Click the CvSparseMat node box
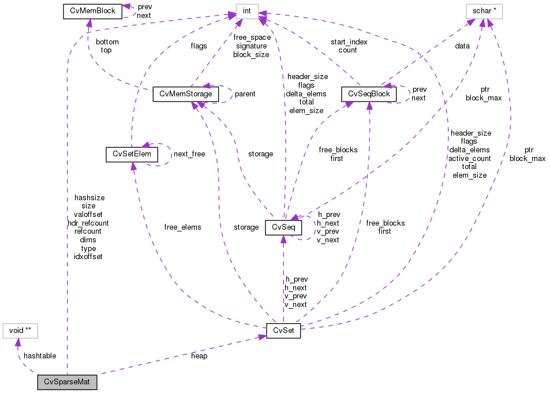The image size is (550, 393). (67, 382)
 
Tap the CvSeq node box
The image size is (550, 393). (283, 227)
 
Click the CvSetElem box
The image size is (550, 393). (132, 154)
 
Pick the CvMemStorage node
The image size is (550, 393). (185, 93)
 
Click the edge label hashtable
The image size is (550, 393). (40, 356)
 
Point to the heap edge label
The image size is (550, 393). (199, 356)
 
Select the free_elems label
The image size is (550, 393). (182, 227)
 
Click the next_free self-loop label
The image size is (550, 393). (189, 155)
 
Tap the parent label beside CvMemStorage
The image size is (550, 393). (245, 93)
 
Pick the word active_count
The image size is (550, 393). (470, 158)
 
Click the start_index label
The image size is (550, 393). (349, 42)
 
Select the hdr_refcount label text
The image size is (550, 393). (88, 223)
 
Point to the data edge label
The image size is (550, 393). (462, 46)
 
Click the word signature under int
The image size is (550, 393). (251, 46)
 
